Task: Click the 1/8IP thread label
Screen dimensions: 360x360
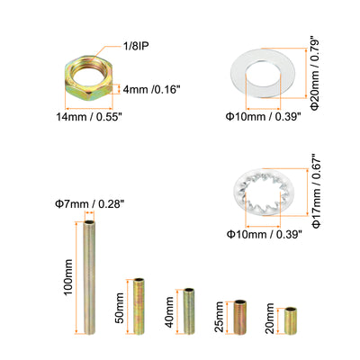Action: [x=136, y=46]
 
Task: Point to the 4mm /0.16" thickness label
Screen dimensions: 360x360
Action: [x=151, y=89]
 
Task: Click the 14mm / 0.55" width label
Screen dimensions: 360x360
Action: [x=89, y=116]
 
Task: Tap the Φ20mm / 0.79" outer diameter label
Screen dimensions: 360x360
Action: [x=315, y=73]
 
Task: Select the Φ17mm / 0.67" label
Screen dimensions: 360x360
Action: [x=317, y=191]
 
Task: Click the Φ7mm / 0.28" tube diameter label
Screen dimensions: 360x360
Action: [x=89, y=204]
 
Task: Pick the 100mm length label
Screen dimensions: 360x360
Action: [x=68, y=277]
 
